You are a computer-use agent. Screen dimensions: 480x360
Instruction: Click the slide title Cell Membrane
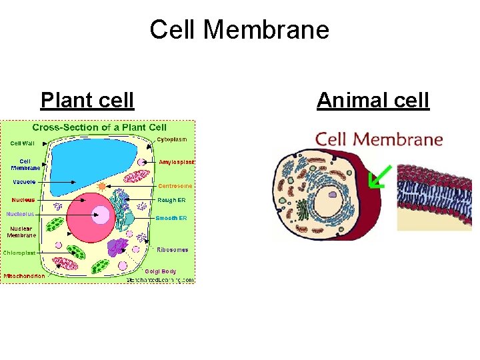click(239, 30)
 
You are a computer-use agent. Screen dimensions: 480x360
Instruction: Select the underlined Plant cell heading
click(87, 100)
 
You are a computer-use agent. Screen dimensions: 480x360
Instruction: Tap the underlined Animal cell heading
click(373, 100)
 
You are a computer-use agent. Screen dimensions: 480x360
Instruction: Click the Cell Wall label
click(23, 142)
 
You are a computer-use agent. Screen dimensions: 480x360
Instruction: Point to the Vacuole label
click(23, 182)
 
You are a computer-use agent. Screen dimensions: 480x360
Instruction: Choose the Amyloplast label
click(176, 162)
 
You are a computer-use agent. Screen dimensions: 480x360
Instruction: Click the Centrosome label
click(175, 186)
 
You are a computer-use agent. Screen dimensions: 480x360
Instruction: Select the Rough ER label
click(172, 200)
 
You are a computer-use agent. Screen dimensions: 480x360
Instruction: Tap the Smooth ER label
click(171, 218)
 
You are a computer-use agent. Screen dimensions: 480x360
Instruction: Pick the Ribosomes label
click(173, 250)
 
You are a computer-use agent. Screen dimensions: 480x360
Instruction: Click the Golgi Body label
click(161, 271)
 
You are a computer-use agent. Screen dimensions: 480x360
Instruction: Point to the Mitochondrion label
click(25, 276)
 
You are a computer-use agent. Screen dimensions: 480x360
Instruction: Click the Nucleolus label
click(20, 214)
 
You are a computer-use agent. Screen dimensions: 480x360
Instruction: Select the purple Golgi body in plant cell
click(118, 247)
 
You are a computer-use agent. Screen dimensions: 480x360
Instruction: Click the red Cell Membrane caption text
click(379, 139)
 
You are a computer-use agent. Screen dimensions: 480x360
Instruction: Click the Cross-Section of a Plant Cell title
click(99, 127)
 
